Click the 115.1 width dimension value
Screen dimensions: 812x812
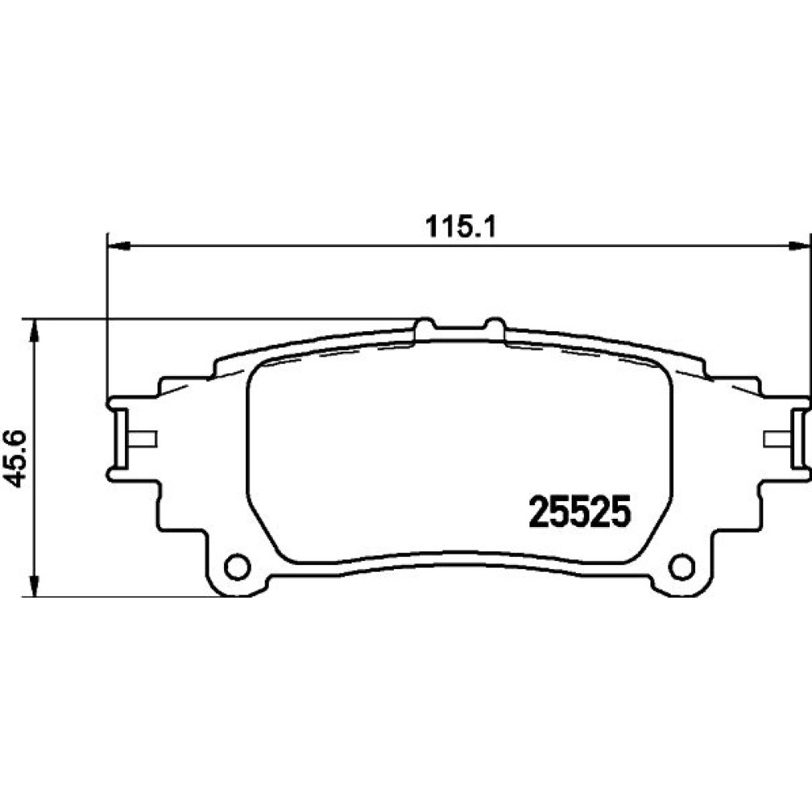(460, 227)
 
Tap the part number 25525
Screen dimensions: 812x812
(579, 511)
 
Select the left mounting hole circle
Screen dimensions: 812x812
(237, 566)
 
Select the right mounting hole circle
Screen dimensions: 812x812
(682, 566)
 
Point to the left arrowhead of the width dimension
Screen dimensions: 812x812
(117, 247)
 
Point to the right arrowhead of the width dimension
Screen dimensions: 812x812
(798, 247)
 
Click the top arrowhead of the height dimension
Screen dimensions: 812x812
(33, 330)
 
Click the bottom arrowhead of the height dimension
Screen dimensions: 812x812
(33, 585)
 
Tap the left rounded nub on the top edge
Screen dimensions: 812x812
(425, 324)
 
